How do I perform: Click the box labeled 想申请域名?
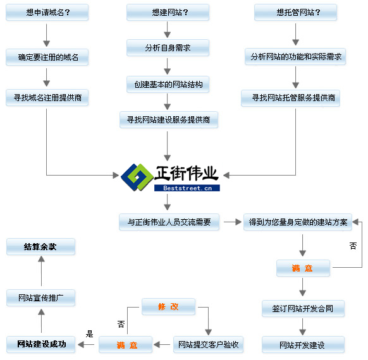(x=47, y=12)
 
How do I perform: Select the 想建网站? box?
(x=168, y=12)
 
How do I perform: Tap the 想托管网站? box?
(x=296, y=12)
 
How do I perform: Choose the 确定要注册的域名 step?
(x=47, y=57)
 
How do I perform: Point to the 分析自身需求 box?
(x=168, y=48)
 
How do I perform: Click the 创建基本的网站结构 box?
(x=168, y=85)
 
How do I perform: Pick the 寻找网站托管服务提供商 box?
(x=291, y=98)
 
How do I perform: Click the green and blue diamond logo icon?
(x=137, y=177)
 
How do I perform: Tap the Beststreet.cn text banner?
(x=187, y=188)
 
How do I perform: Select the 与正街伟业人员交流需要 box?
(x=169, y=222)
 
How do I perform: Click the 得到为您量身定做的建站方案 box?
(x=298, y=222)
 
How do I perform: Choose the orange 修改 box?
(x=169, y=306)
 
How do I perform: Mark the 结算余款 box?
(x=41, y=246)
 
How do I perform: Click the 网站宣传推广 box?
(x=41, y=297)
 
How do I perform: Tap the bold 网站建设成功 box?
(x=41, y=344)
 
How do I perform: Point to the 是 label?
(x=89, y=334)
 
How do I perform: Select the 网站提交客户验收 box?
(x=209, y=345)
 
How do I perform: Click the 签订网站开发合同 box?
(x=303, y=308)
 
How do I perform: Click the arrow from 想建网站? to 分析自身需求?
(x=168, y=30)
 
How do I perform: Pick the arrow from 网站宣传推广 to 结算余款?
(x=42, y=271)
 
